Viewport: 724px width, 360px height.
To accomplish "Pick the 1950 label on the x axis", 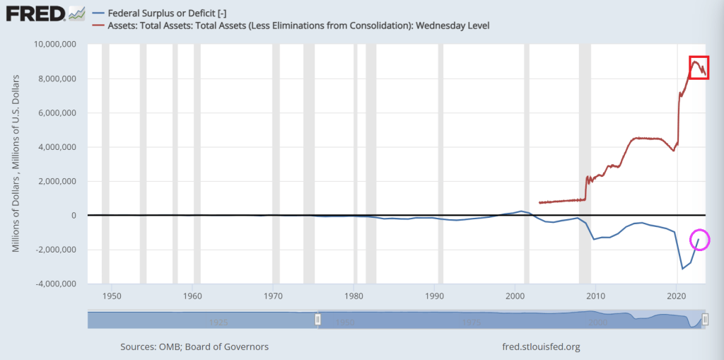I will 112,295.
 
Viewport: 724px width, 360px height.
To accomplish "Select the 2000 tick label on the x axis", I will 515,295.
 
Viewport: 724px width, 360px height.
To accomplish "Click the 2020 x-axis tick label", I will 677,295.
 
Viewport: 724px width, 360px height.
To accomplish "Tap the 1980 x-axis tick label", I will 354,295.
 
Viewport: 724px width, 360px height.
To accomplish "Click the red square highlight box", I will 699,67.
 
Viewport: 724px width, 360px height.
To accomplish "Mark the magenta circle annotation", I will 700,240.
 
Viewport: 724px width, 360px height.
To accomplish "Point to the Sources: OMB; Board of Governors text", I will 194,347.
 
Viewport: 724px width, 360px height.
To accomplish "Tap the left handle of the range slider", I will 317,320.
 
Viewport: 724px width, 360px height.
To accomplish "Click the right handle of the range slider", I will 705,320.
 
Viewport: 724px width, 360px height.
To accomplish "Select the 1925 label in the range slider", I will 218,323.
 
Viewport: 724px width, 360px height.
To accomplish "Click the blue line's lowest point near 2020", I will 682,269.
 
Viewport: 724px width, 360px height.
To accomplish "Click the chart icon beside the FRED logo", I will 77,13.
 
